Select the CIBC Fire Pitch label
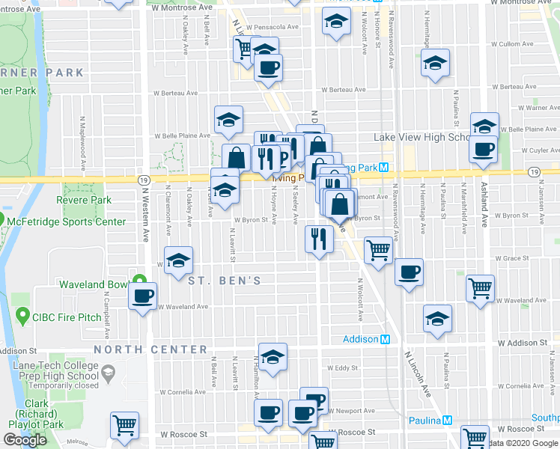pos(66,317)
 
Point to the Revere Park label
pos(84,200)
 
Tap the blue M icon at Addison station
pos(386,339)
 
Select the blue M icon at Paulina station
pos(448,421)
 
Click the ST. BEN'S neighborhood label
pos(224,281)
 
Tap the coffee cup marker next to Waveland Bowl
pos(142,295)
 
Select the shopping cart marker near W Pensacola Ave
pos(244,49)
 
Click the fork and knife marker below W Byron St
pos(319,239)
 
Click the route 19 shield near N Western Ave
pos(143,180)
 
